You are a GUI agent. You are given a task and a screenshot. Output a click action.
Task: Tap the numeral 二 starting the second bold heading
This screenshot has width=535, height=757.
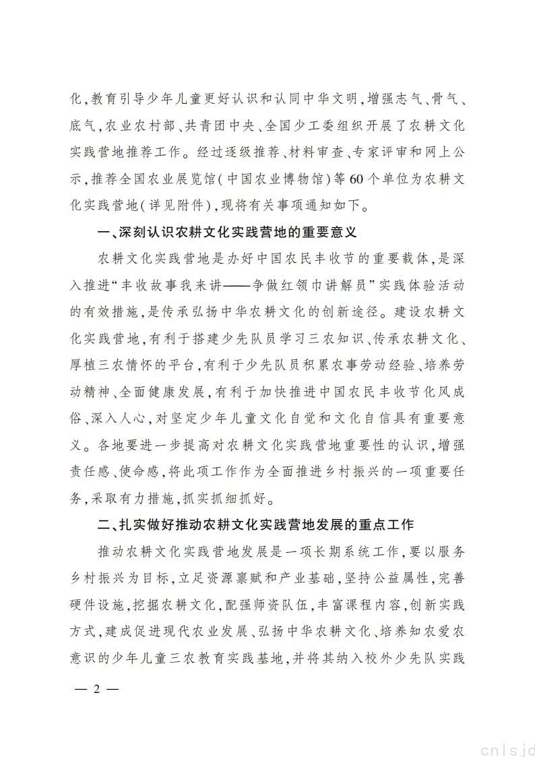click(x=103, y=525)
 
